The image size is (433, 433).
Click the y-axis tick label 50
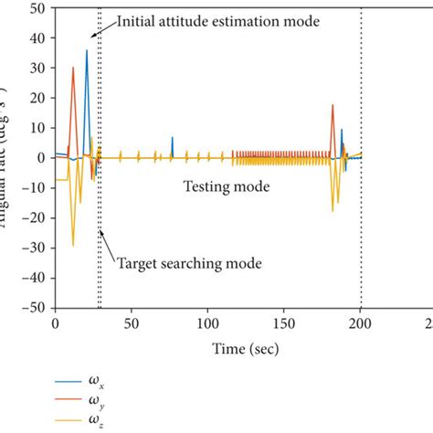tap(38, 7)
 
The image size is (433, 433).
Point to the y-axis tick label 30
tap(38, 68)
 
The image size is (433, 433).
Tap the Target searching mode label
tap(189, 263)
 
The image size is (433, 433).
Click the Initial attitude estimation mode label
tap(218, 20)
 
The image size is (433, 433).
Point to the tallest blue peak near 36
tap(87, 51)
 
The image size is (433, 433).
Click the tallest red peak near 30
tap(73, 68)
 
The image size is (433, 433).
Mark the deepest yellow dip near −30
tap(73, 245)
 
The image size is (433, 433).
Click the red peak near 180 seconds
tap(333, 105)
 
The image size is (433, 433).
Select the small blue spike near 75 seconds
tap(172, 138)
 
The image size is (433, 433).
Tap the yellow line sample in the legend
tap(66, 420)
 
